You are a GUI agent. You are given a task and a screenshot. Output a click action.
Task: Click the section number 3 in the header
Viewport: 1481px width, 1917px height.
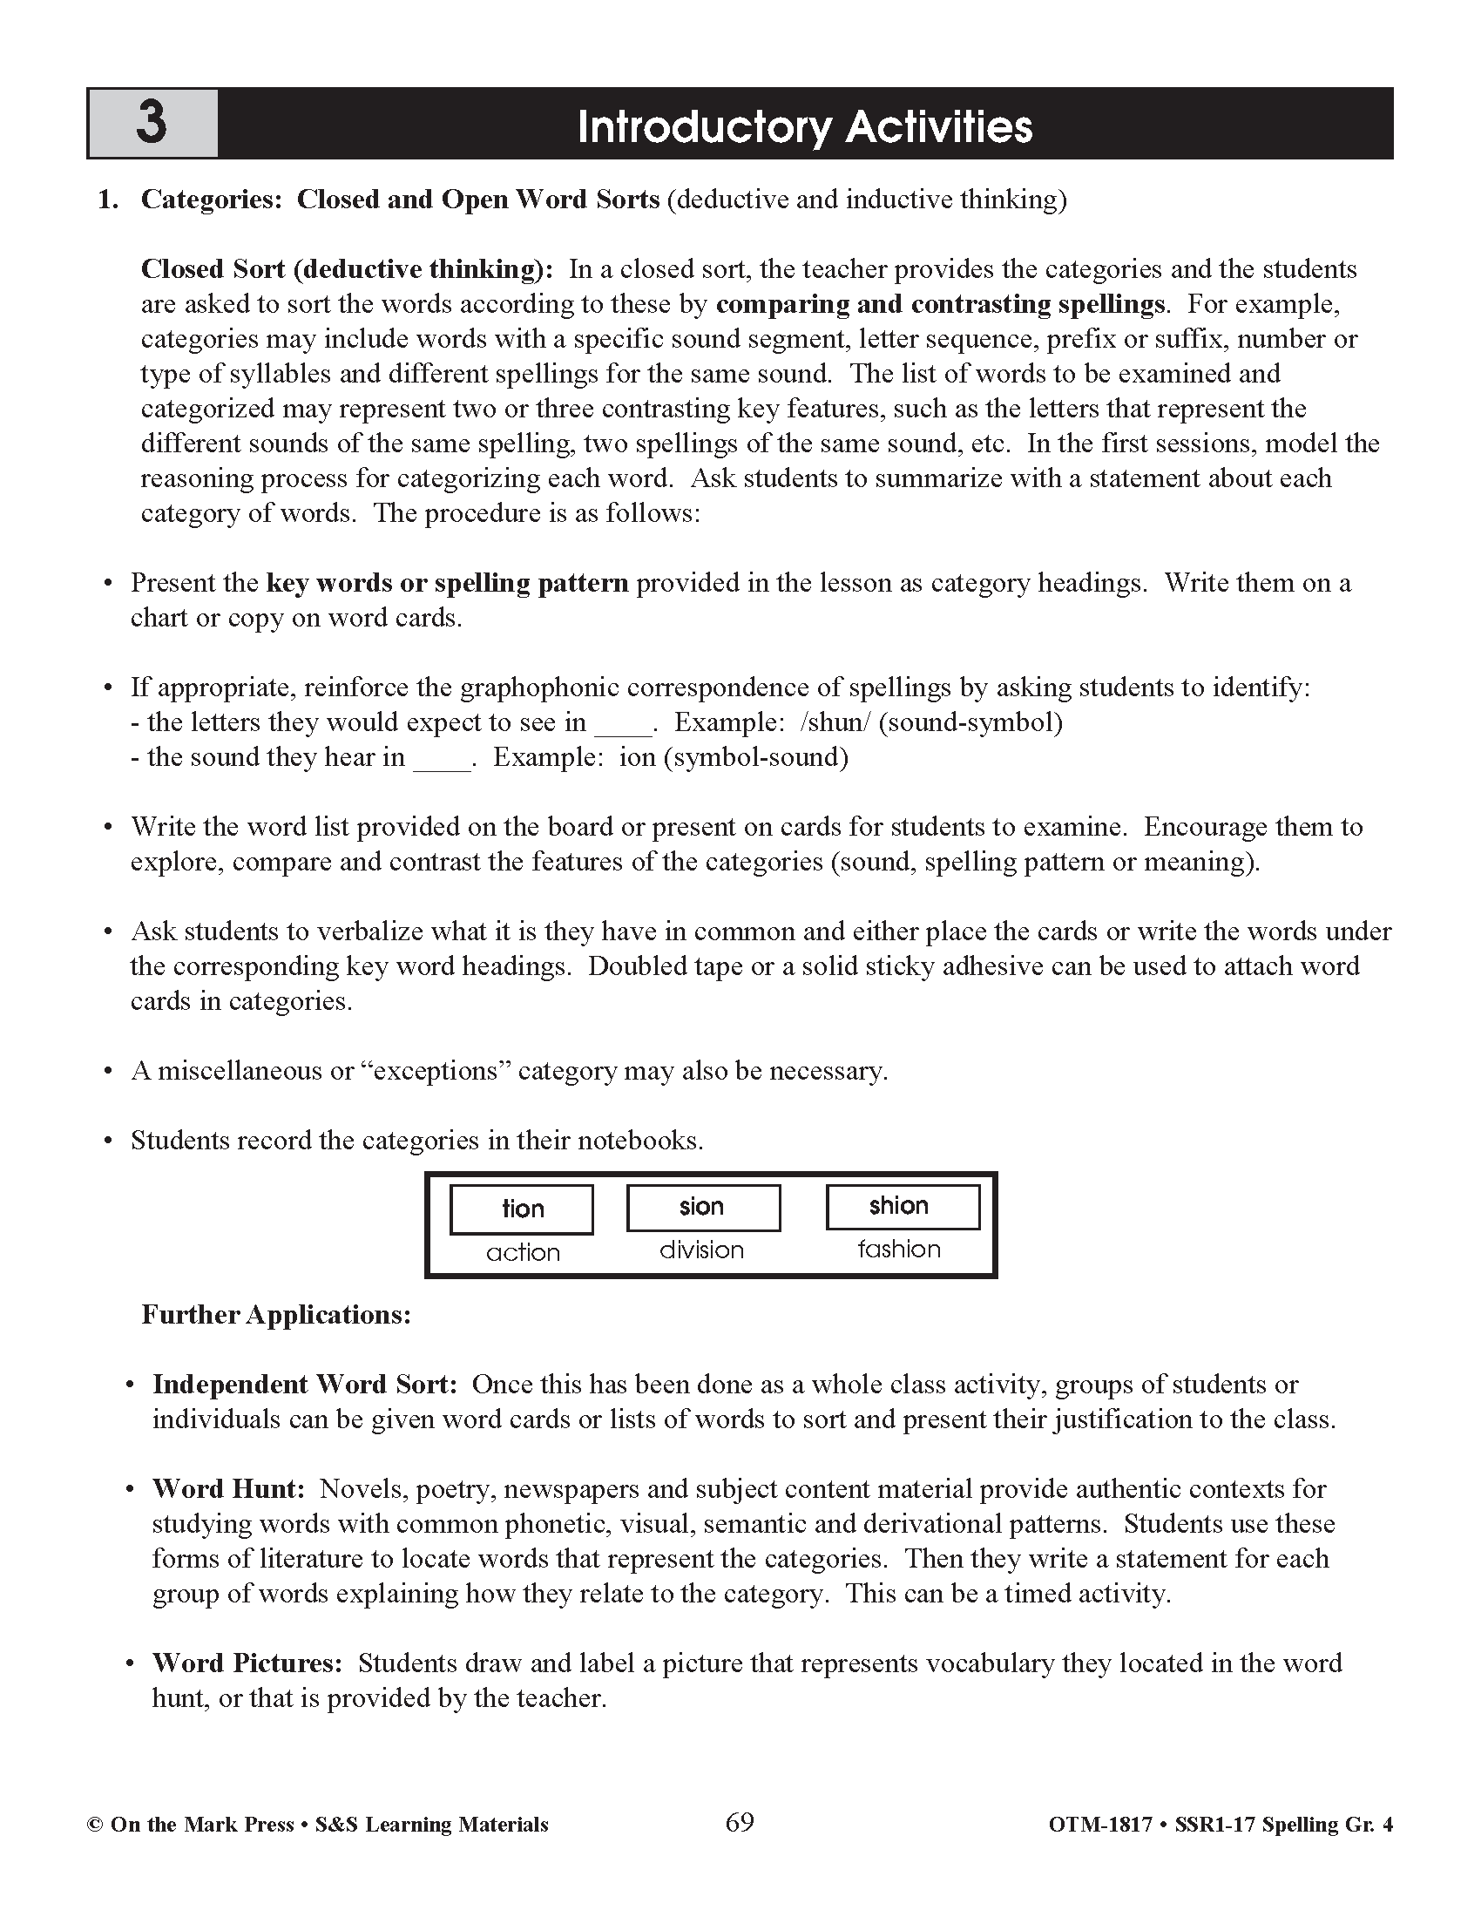tap(151, 123)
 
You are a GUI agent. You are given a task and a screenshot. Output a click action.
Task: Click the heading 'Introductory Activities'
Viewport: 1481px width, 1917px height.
tap(805, 126)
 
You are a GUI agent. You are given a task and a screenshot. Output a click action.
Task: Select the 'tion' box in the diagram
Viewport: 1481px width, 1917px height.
tap(522, 1209)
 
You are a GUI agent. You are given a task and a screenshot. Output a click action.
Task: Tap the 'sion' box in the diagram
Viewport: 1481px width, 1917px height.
tap(702, 1207)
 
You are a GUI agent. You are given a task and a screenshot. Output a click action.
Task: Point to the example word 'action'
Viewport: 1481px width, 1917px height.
tap(523, 1252)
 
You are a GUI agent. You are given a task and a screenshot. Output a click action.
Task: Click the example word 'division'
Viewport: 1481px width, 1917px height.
tap(701, 1250)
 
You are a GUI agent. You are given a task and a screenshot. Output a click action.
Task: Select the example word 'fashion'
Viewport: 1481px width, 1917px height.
tap(899, 1249)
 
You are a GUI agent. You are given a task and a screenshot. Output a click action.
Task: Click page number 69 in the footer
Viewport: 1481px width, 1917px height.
tap(740, 1822)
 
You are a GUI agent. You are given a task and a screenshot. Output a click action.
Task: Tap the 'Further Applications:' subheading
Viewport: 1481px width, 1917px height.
tap(276, 1315)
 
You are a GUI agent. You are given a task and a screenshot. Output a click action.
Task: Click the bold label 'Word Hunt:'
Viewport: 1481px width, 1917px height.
tap(228, 1488)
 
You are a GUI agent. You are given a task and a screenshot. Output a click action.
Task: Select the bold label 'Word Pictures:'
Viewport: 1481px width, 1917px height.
tap(247, 1663)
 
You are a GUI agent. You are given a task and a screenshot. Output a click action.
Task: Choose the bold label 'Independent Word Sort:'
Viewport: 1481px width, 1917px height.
tap(304, 1385)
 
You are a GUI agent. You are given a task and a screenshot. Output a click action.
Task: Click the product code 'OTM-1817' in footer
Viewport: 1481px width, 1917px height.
tap(1099, 1825)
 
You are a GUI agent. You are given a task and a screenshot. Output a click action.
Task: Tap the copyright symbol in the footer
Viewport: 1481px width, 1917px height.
tap(94, 1825)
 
